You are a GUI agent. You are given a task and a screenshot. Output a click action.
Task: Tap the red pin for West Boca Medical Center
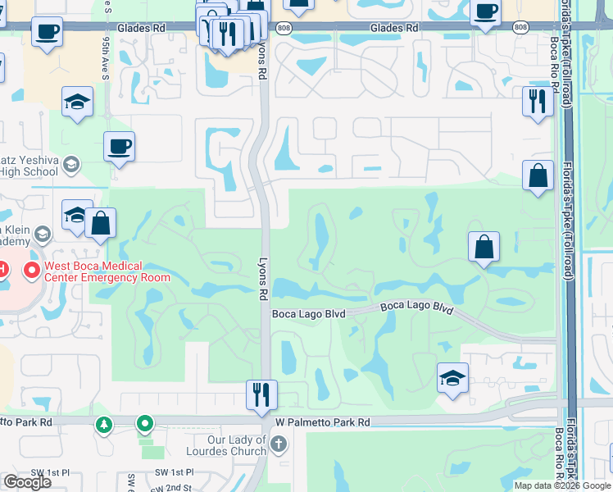pyautogui.click(x=32, y=269)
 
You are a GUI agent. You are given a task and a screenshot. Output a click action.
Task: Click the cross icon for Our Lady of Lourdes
pyautogui.click(x=278, y=445)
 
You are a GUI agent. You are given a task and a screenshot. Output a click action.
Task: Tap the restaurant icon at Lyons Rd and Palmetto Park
pyautogui.click(x=262, y=394)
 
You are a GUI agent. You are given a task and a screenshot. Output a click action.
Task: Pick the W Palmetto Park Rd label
pyautogui.click(x=322, y=422)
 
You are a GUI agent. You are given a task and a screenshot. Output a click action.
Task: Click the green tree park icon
pyautogui.click(x=103, y=424)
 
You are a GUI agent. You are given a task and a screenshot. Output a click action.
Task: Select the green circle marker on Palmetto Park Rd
pyautogui.click(x=145, y=424)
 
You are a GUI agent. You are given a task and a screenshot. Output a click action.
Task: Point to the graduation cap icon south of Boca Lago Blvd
pyautogui.click(x=452, y=378)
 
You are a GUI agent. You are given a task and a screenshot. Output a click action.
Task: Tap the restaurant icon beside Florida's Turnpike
pyautogui.click(x=537, y=102)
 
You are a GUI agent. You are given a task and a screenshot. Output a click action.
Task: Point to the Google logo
pyautogui.click(x=28, y=482)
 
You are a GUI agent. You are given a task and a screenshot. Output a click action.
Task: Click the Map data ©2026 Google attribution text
pyautogui.click(x=562, y=485)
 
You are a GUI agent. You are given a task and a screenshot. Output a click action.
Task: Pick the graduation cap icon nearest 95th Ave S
pyautogui.click(x=77, y=102)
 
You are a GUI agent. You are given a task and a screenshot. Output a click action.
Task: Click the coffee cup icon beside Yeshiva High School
pyautogui.click(x=119, y=147)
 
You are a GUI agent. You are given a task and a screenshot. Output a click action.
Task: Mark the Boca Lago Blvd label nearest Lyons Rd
pyautogui.click(x=308, y=314)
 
